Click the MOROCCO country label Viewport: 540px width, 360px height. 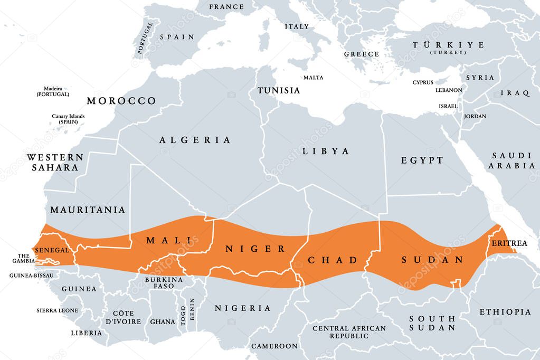click(x=121, y=101)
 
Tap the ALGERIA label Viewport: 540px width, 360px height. click(x=195, y=140)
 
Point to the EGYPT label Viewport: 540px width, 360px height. click(x=422, y=160)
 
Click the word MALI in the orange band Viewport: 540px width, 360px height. click(x=165, y=241)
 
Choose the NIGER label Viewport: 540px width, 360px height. click(x=255, y=249)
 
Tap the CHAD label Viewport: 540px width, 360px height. click(x=333, y=260)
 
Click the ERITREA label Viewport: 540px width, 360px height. click(x=509, y=243)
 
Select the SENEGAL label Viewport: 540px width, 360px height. click(x=52, y=250)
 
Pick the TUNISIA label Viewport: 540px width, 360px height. click(x=278, y=90)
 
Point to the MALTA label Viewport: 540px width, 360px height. click(x=313, y=78)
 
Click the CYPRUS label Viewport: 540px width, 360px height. click(x=423, y=82)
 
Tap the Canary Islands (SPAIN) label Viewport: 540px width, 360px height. click(x=68, y=119)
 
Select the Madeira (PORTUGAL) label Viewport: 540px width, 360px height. click(x=53, y=91)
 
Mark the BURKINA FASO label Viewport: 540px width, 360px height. click(x=163, y=282)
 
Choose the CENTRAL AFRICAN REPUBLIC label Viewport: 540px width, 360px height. click(x=349, y=332)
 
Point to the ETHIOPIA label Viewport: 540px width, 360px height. click(x=505, y=312)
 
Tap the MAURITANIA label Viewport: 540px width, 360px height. click(x=88, y=210)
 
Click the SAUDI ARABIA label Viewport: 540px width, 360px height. click(x=512, y=160)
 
